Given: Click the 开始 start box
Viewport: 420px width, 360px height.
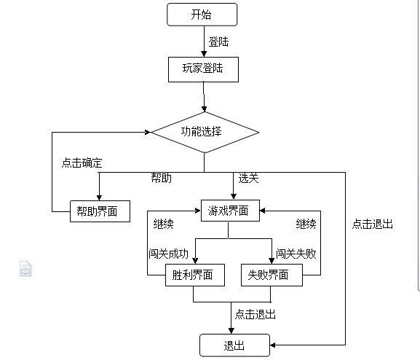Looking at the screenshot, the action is coord(202,15).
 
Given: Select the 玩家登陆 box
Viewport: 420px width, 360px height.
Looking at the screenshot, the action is coord(203,69).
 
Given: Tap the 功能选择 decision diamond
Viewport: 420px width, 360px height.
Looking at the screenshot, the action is coord(205,132).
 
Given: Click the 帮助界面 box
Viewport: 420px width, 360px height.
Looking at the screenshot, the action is coord(100,211).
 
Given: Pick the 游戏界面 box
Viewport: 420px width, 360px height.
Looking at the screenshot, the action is coord(230,211).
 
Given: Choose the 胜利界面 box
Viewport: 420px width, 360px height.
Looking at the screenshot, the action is coord(195,275).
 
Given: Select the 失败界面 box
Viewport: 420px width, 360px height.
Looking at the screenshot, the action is coord(272,275).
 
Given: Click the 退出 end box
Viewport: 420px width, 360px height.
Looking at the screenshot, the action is coord(234,345).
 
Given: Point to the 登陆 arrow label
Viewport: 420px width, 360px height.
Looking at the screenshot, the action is coord(218,42).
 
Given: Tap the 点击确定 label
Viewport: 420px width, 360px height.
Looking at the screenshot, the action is coord(82,163).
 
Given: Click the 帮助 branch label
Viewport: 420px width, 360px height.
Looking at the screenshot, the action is coord(162,178).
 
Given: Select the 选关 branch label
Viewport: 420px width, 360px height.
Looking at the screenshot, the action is coord(248,178).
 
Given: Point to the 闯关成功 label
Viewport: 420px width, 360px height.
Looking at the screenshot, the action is coord(169,254).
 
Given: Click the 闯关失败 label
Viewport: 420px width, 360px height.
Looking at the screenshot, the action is coord(296,254).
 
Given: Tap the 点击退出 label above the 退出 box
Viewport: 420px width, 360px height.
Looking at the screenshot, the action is coord(255,314).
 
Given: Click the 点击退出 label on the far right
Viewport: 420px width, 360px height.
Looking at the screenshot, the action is coord(372,224).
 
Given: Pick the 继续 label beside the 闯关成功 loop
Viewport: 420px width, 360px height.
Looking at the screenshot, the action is coord(163,224).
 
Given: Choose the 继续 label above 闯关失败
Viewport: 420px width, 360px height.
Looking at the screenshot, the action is coord(306,224).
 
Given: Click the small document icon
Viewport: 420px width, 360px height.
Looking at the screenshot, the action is coord(25,268).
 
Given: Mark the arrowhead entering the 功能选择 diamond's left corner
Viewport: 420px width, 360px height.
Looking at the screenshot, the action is coord(148,132).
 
